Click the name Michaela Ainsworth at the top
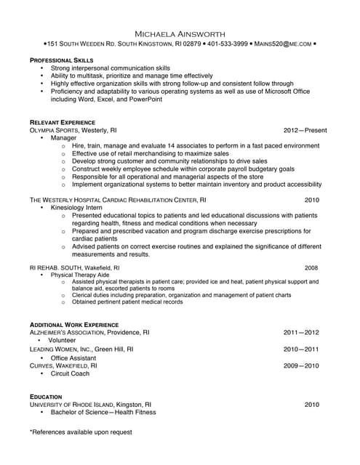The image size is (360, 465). (x=180, y=33)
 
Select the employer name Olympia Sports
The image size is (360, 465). (x=54, y=130)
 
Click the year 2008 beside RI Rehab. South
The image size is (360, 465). (x=311, y=267)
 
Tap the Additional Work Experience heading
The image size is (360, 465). (x=73, y=324)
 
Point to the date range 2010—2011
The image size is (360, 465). (x=301, y=349)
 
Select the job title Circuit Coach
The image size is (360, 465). (x=70, y=373)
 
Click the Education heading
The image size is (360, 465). (x=46, y=397)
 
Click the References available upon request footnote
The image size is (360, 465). (x=81, y=432)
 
